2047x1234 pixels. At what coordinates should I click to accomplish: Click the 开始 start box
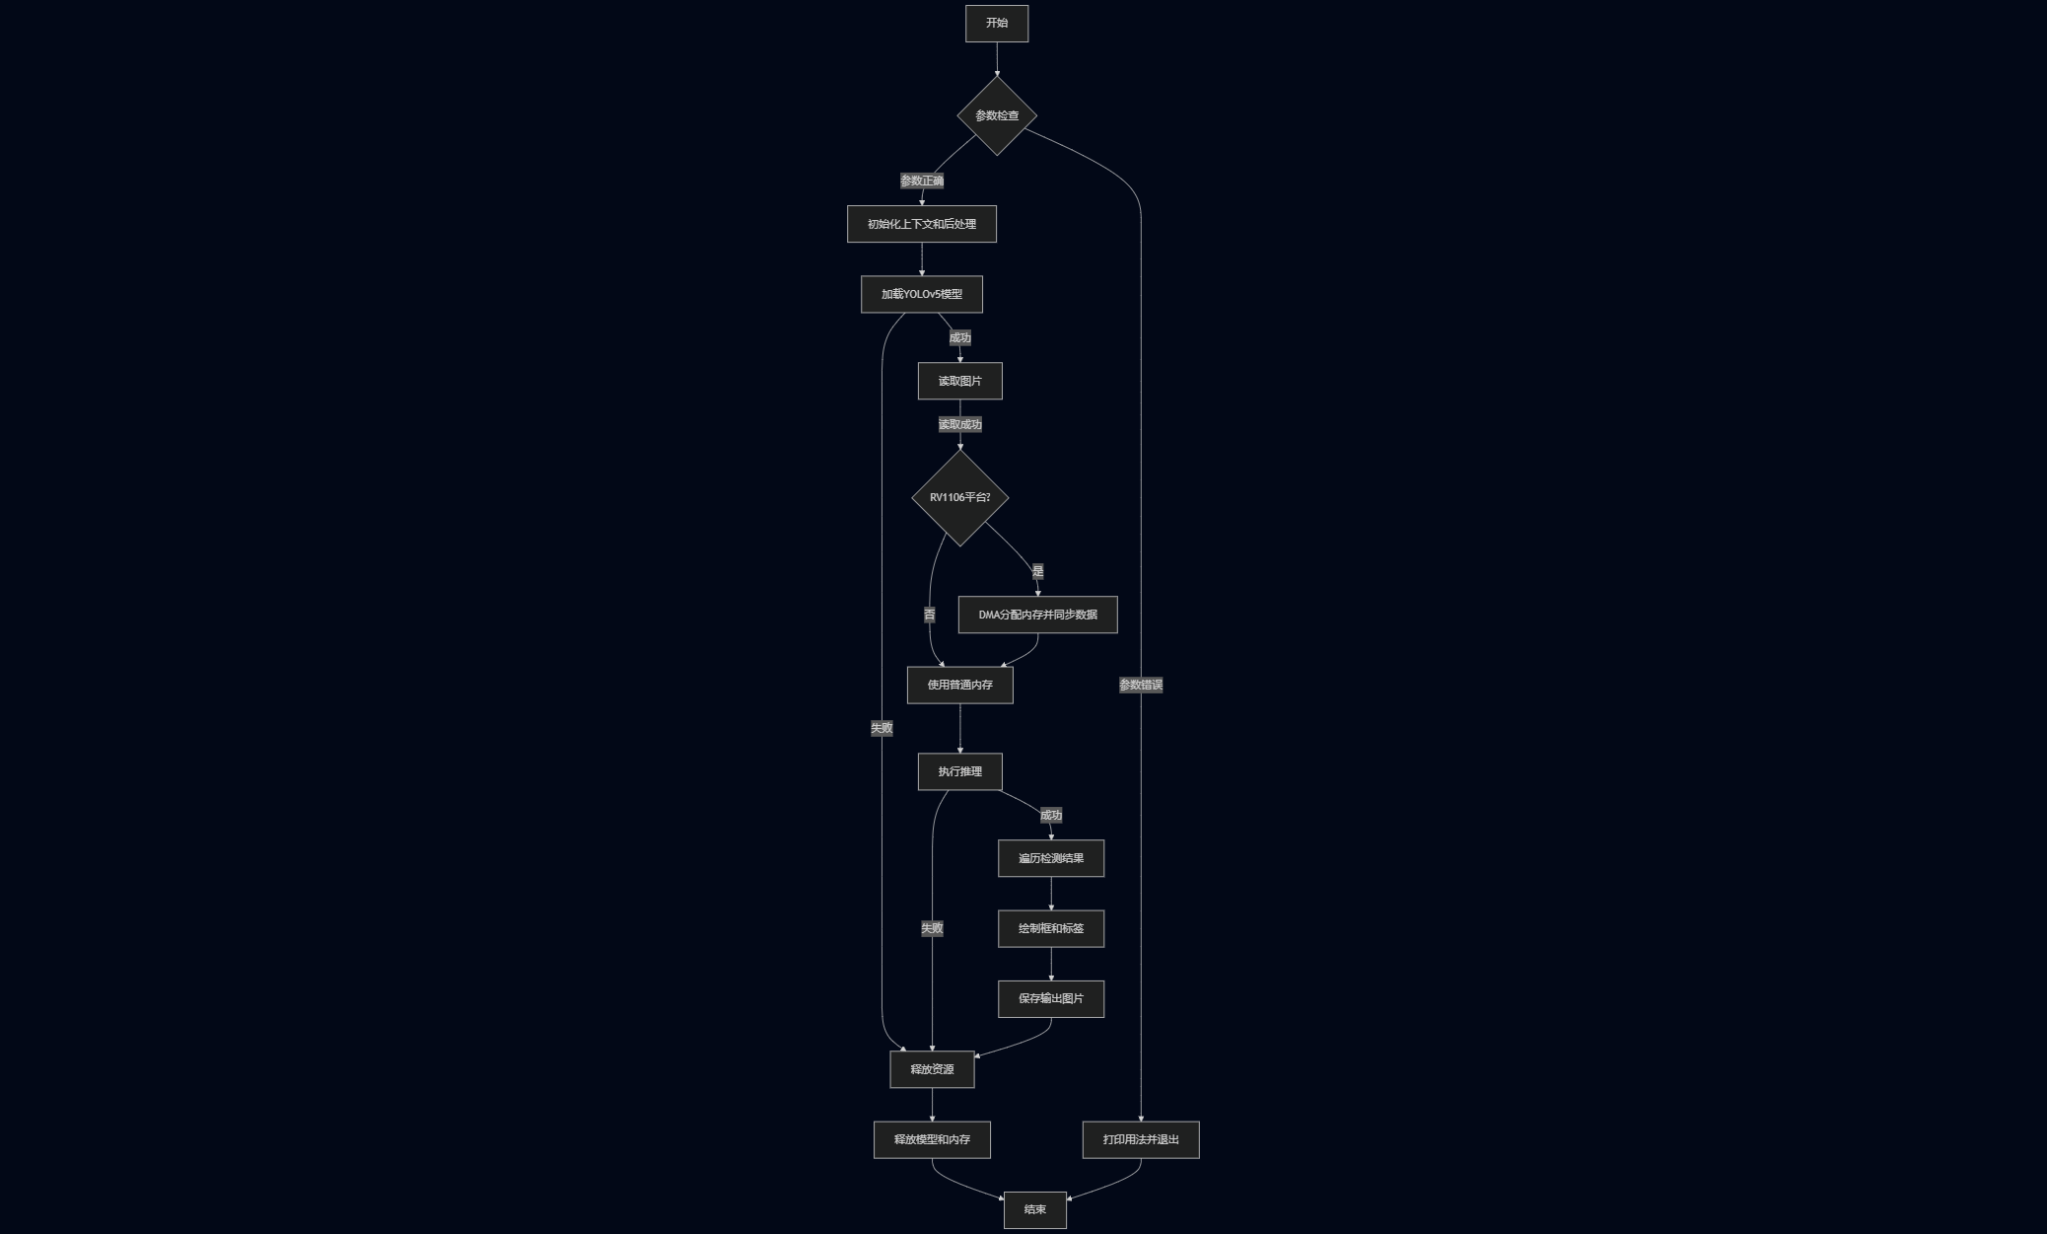[x=997, y=24]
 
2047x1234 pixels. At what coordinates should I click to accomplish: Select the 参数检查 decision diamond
[x=997, y=115]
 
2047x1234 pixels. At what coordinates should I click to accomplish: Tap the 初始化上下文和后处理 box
[x=922, y=224]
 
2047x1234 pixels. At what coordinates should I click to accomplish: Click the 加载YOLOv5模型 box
[x=922, y=294]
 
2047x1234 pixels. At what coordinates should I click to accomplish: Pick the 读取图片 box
[x=960, y=381]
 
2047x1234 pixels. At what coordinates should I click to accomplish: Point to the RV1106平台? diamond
[x=960, y=497]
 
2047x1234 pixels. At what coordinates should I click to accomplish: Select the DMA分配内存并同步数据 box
[x=1037, y=615]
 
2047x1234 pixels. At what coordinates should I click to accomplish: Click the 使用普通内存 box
[x=960, y=685]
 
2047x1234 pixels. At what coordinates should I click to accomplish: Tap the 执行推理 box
[x=960, y=771]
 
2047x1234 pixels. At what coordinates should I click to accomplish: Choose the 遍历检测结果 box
[x=1051, y=858]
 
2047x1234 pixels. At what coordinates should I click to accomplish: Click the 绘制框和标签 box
[x=1051, y=928]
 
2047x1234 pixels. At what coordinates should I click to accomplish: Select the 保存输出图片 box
[x=1051, y=998]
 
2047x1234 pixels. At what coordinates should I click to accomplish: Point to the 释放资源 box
[x=932, y=1069]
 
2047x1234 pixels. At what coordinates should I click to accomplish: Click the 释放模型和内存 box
[x=932, y=1139]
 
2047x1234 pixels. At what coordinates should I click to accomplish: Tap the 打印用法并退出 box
[x=1141, y=1139]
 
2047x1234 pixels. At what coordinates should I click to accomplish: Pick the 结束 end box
[x=1035, y=1209]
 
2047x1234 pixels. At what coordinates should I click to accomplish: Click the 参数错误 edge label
[x=1141, y=685]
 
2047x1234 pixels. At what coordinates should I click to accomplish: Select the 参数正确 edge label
[x=922, y=181]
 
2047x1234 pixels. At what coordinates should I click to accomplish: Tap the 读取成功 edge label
[x=960, y=424]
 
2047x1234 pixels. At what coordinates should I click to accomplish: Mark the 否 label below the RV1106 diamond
[x=930, y=615]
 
